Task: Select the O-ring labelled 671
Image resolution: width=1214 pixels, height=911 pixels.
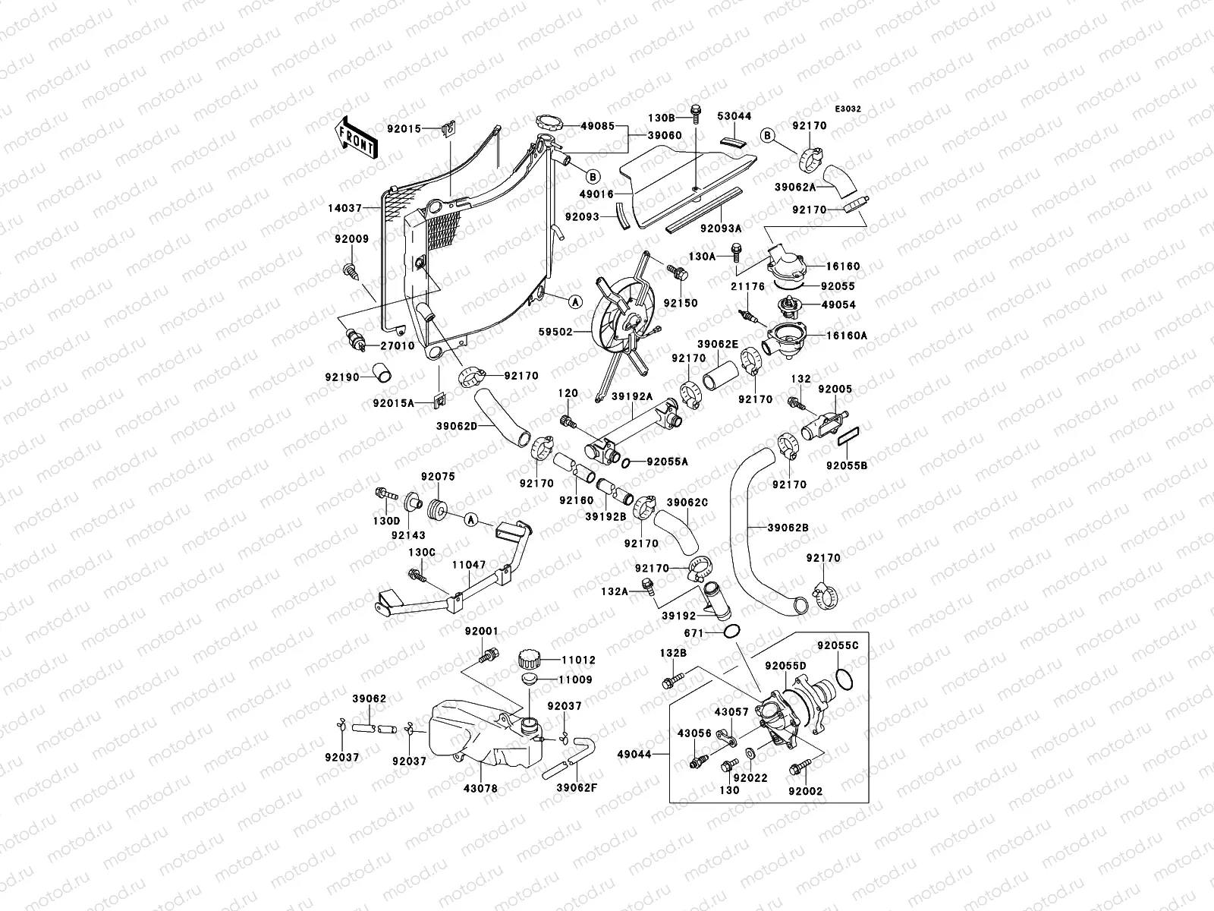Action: click(x=732, y=632)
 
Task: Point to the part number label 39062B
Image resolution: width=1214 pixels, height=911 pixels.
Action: click(x=787, y=527)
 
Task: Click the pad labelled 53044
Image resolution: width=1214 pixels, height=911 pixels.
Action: click(x=733, y=142)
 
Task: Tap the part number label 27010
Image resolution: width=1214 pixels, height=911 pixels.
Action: click(x=397, y=345)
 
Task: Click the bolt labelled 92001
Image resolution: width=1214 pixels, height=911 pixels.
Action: click(x=489, y=653)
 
